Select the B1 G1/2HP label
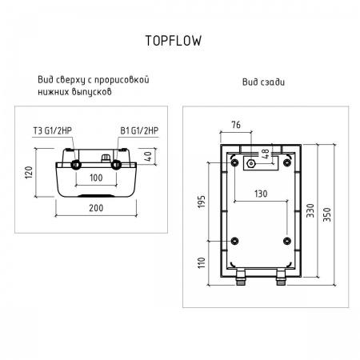139,131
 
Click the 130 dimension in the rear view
261,193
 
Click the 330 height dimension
310,210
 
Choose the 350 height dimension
326,210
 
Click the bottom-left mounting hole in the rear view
234,242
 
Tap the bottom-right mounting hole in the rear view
286,242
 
